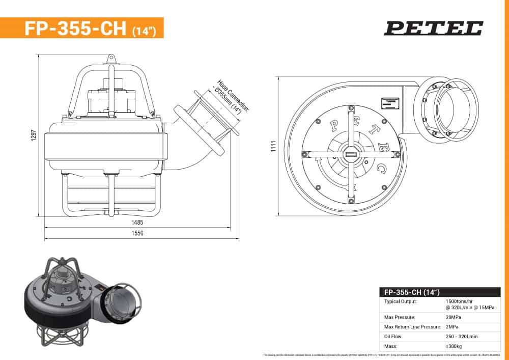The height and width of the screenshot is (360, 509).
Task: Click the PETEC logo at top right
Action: [433, 28]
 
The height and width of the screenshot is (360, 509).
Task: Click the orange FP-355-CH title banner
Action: [82, 28]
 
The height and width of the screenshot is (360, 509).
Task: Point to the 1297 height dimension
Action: [34, 135]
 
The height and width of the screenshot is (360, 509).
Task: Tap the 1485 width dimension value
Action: [137, 223]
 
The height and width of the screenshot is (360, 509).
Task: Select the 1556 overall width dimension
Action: [137, 234]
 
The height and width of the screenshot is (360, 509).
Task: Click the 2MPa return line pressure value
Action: [453, 326]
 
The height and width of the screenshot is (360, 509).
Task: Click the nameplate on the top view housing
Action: [389, 102]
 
